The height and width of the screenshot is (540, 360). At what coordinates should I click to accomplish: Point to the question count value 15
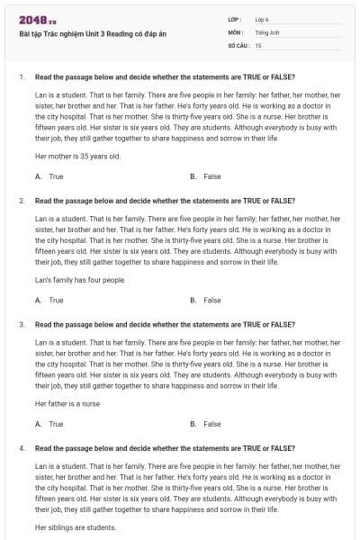(258, 44)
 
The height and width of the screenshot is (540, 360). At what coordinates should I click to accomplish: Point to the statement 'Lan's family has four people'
(79, 280)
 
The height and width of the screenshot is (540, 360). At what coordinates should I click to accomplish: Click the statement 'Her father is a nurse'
(67, 403)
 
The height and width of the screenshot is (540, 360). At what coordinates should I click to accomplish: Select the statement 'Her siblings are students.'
(76, 526)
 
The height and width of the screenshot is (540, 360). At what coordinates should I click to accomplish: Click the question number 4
(22, 447)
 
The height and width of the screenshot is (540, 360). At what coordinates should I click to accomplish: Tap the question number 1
(22, 77)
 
